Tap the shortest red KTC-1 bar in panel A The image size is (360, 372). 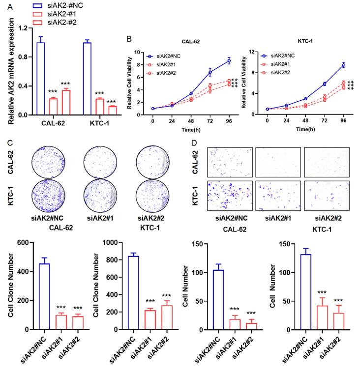point(113,110)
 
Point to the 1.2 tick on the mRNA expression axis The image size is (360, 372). point(23,28)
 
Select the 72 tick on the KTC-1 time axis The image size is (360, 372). point(324,120)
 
